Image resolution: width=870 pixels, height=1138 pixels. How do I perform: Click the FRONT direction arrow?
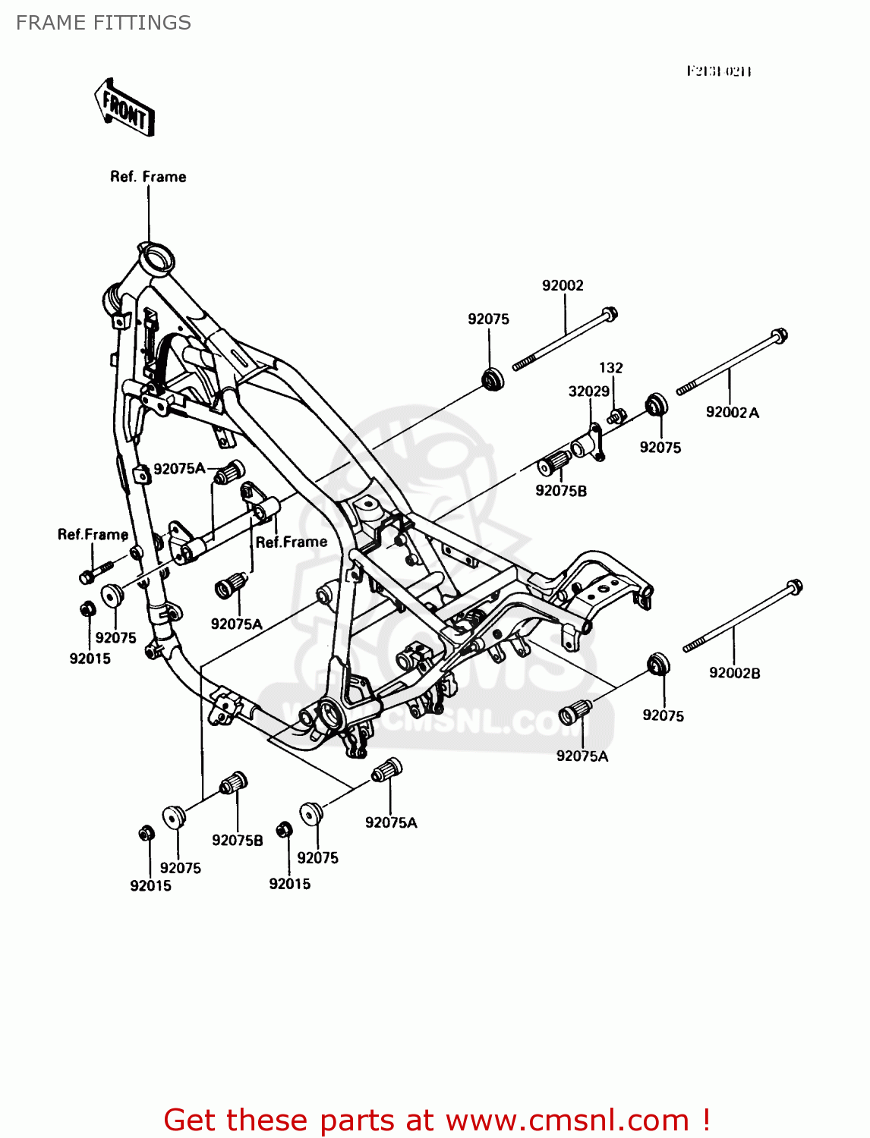[125, 108]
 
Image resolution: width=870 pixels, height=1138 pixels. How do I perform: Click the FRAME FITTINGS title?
[103, 23]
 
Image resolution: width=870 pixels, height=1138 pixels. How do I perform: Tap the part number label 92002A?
[732, 413]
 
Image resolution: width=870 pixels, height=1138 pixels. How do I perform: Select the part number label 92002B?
[734, 673]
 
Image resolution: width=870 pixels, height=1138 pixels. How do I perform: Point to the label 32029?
[589, 391]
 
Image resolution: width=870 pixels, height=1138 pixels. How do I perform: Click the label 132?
[610, 368]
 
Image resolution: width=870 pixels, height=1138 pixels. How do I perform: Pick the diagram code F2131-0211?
[718, 71]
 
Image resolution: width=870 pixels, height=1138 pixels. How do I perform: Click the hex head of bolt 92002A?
[779, 335]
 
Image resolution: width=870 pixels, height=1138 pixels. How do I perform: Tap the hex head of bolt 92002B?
[794, 586]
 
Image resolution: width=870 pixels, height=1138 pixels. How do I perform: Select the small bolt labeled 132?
[616, 416]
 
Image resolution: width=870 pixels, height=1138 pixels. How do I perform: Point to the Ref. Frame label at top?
[148, 177]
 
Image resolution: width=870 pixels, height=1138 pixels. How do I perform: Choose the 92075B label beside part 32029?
[561, 491]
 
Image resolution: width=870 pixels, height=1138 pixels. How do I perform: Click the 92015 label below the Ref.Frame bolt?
[90, 659]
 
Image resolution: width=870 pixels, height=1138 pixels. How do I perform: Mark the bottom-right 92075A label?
[582, 756]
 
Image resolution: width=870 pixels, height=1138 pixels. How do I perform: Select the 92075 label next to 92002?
[488, 319]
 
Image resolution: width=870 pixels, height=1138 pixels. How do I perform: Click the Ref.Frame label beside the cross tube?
[292, 542]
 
